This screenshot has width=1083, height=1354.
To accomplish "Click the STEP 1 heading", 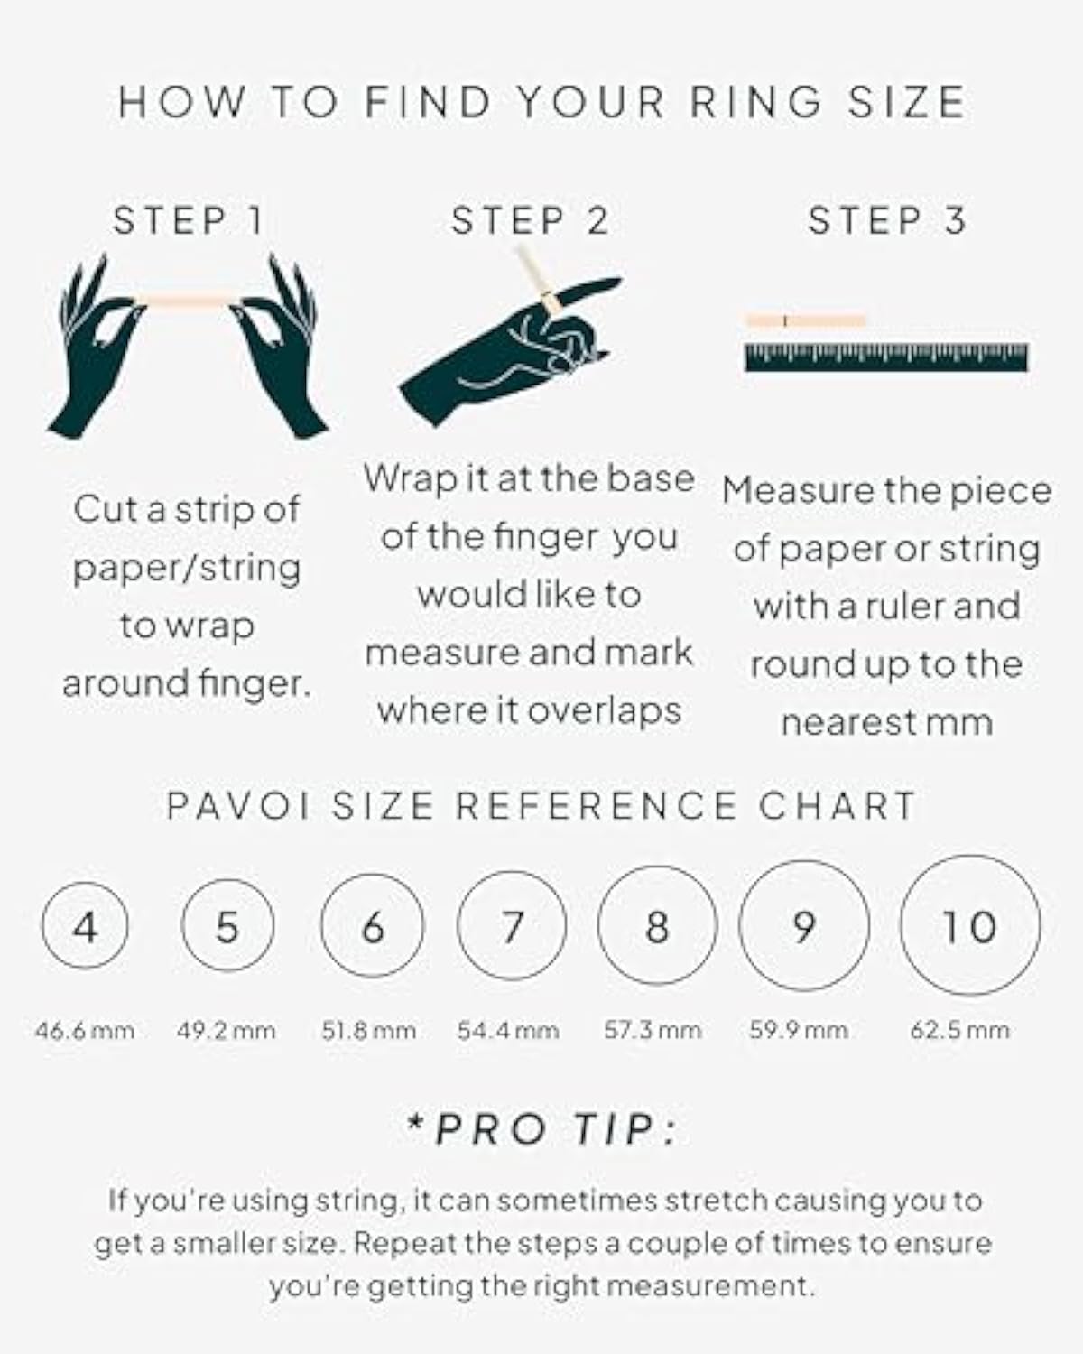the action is point(188,221).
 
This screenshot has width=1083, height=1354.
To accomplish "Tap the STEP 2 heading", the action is point(530,221).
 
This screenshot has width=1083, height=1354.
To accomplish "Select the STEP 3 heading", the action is point(886,220).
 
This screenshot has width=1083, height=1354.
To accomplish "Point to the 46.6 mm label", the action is point(85,1031).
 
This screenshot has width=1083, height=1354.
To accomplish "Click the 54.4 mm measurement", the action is point(508,1031).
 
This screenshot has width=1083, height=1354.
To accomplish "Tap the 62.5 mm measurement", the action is point(959,1031).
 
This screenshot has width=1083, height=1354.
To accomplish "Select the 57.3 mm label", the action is point(653,1030).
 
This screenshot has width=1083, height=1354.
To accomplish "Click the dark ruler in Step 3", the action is point(886,357).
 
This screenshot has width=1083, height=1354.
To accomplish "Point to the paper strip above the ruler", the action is point(806,320).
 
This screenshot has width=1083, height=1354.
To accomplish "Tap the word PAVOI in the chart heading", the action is point(238,805).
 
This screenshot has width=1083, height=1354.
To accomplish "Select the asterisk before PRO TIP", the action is point(415,1122).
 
